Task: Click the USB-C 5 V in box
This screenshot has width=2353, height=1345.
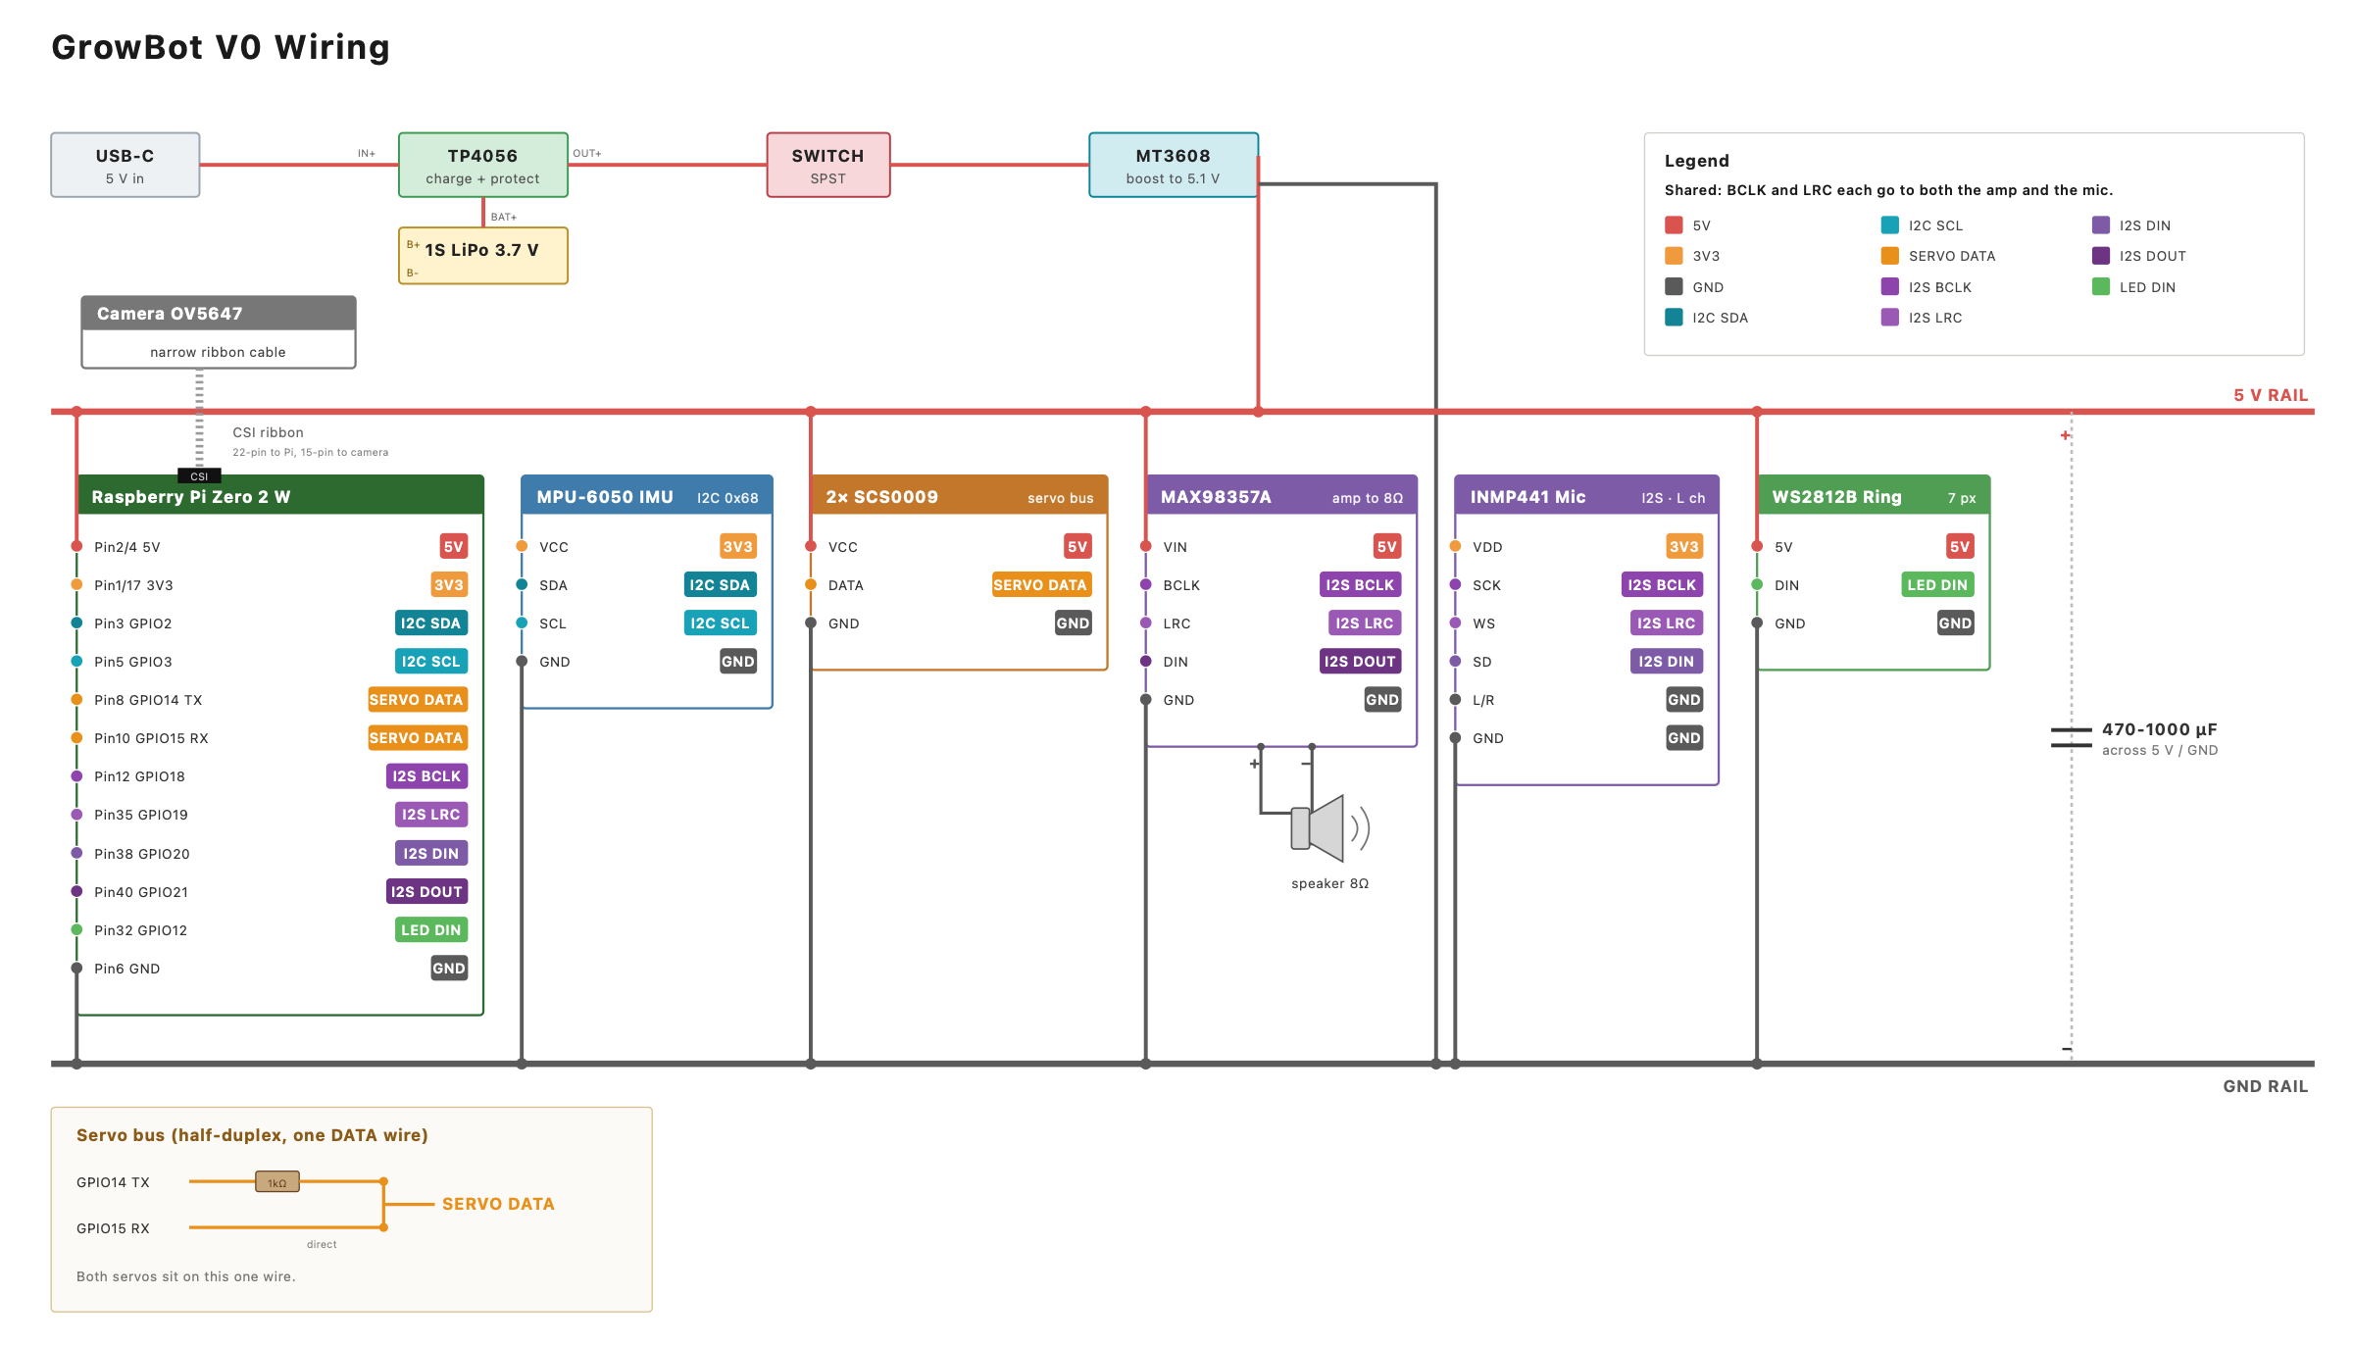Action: coord(125,165)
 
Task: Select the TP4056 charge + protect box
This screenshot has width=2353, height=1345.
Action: coord(483,165)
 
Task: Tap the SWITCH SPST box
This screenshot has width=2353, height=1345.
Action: coord(828,165)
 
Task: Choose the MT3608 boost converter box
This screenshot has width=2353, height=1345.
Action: coord(1174,165)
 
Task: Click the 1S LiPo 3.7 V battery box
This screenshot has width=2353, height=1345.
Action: coord(483,256)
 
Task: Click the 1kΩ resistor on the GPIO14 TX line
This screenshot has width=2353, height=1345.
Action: coord(277,1181)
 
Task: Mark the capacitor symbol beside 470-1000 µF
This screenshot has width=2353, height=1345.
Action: coord(2072,737)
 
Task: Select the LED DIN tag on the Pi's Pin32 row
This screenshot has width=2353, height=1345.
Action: coord(431,929)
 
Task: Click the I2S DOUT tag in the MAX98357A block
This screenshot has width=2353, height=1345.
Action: coord(1360,662)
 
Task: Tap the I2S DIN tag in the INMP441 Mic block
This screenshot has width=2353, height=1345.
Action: coord(1666,662)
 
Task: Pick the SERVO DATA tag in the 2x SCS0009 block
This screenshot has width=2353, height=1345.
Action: coord(1040,585)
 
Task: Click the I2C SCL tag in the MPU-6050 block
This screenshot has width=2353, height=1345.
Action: coord(720,623)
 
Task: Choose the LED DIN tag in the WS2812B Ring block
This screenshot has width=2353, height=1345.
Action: coord(1937,585)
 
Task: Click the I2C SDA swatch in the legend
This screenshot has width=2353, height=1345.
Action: coord(1674,317)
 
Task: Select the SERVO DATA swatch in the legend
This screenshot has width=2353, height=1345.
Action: coord(1890,256)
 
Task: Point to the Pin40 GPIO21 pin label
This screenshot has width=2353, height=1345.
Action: coord(141,892)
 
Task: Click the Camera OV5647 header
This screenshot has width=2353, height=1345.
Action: coord(219,314)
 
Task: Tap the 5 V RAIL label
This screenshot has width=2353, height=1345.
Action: coord(2271,395)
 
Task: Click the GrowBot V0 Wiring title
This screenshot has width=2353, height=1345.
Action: coord(221,47)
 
